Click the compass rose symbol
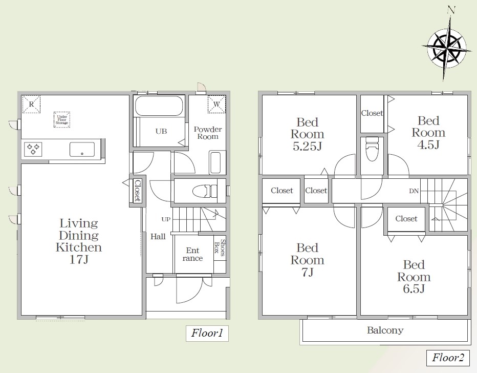446,49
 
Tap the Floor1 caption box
207,333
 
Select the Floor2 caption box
448,358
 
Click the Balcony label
385,330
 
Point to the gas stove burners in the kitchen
33,149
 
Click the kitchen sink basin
82,150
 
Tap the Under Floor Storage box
62,120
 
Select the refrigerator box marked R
31,105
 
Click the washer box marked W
217,104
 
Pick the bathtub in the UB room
159,106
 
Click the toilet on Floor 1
205,191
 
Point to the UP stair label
166,219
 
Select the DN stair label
414,191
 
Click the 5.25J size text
307,147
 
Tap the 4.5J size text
428,145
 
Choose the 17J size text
79,259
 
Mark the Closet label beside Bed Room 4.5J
372,113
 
